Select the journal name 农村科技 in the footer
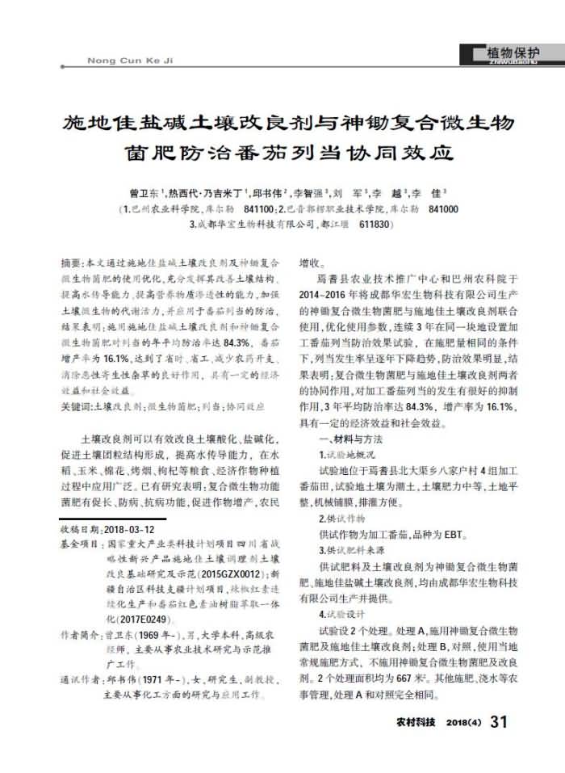(416, 721)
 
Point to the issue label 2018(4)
(463, 721)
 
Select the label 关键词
(76, 408)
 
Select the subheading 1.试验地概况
(348, 454)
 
